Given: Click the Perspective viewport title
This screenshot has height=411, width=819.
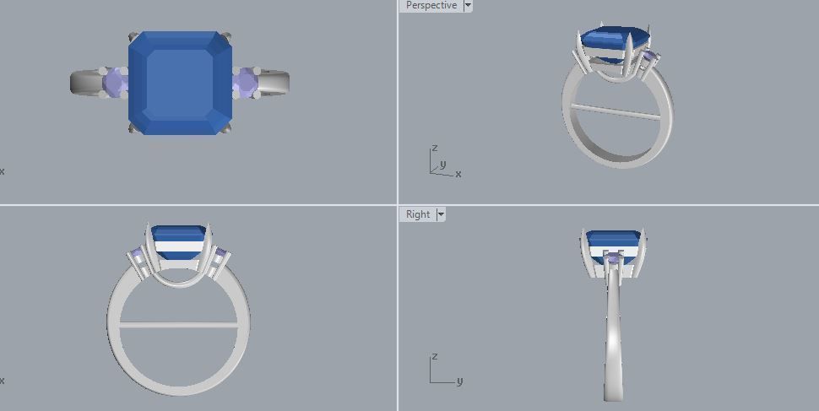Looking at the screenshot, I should click(x=431, y=6).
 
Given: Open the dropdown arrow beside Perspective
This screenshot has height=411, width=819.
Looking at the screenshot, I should click(x=468, y=6).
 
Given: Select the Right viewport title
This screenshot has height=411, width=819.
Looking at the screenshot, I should click(x=418, y=214).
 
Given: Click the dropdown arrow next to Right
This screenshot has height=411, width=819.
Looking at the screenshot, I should click(x=441, y=214).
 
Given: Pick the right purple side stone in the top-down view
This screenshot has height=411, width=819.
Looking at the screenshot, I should click(x=245, y=82).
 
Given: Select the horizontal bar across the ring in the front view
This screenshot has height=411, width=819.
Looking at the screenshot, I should click(x=179, y=325).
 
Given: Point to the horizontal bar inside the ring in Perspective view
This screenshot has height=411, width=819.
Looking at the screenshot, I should click(x=615, y=111).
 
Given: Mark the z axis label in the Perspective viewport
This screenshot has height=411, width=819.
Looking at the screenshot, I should click(x=435, y=148).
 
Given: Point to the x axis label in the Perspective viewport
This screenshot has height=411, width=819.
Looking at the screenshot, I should click(x=458, y=174).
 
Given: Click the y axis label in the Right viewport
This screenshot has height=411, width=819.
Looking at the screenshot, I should click(x=459, y=381).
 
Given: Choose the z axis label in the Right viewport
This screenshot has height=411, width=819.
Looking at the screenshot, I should click(x=434, y=357).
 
